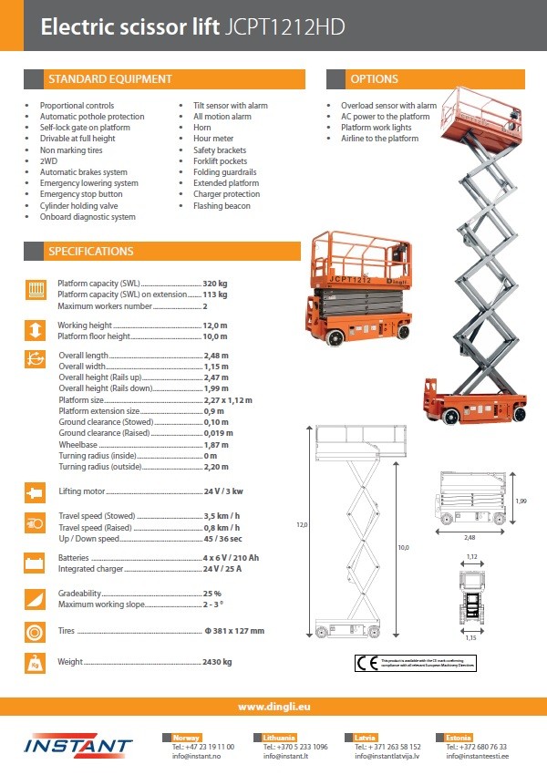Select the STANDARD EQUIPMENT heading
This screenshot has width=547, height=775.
[109, 79]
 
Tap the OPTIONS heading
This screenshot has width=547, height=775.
[375, 79]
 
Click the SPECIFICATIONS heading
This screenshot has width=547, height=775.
[90, 251]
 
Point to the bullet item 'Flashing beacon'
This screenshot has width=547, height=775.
[222, 206]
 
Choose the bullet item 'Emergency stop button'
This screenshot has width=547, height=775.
[81, 194]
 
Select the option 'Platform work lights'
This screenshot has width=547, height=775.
[376, 128]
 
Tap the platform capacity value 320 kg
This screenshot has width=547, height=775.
[215, 284]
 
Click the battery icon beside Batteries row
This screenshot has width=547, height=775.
[36, 563]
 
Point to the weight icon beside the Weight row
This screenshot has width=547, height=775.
[36, 663]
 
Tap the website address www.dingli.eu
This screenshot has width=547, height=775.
[273, 707]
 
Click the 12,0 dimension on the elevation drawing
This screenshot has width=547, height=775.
[303, 525]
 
